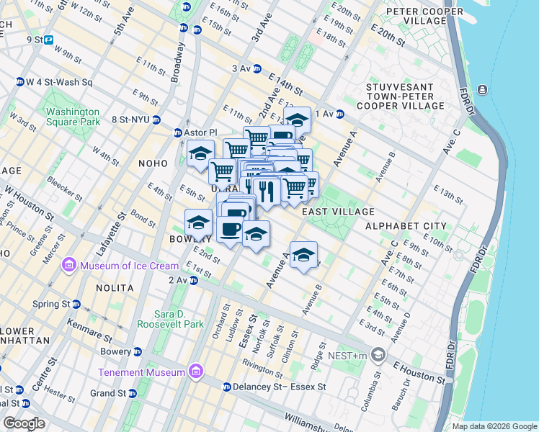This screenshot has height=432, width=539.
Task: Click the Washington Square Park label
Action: (73, 117)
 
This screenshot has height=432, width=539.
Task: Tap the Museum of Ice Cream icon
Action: (68, 265)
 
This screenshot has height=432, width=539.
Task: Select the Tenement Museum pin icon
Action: (195, 372)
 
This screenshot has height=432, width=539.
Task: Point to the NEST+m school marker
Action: (379, 355)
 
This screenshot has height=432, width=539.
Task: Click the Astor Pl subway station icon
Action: (179, 132)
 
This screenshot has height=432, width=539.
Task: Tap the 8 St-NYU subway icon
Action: (156, 120)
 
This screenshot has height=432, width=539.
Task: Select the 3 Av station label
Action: (241, 68)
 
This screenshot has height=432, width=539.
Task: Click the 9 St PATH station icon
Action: (48, 40)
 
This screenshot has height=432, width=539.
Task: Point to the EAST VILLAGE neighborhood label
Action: (338, 212)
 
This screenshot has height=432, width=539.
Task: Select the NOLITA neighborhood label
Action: (115, 288)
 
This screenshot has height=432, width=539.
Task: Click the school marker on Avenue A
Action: (304, 256)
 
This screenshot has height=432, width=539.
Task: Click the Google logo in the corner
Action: (24, 423)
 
